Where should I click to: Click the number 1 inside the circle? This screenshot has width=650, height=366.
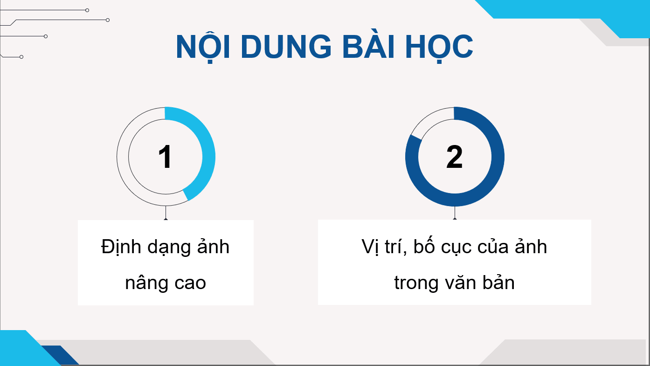pos(165,157)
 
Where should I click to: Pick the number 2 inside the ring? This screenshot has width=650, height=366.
pos(454,157)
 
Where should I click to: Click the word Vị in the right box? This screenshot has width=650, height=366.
pos(370,247)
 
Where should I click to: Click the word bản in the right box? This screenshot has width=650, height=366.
pos(500,282)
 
